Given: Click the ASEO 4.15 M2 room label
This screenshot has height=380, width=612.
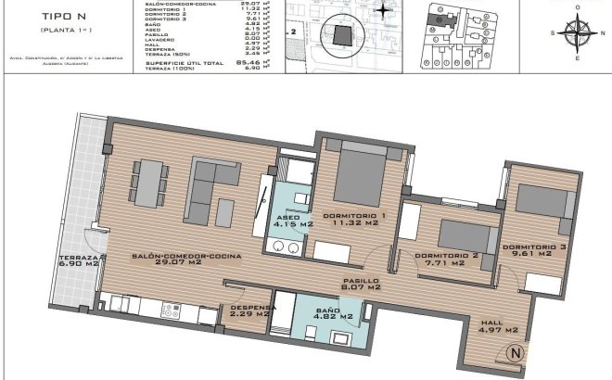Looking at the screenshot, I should pos(290,223).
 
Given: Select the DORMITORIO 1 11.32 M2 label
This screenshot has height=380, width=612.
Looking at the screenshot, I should pos(354,219).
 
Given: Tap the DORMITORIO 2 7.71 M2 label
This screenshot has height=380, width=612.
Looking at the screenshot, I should pos(447,260).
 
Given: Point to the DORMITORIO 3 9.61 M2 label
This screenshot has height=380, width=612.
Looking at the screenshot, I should pos(533,252).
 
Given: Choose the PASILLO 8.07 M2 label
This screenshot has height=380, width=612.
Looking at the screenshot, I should pos(362,284).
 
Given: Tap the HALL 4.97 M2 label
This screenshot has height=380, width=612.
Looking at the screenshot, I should pos(497,326).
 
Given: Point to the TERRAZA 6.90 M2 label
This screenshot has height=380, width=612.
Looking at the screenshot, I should pos(79,260).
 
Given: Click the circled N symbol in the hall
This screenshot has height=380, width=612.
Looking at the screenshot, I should pos(516,353).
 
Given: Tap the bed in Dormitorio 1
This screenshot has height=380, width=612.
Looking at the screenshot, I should pos(361,175).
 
